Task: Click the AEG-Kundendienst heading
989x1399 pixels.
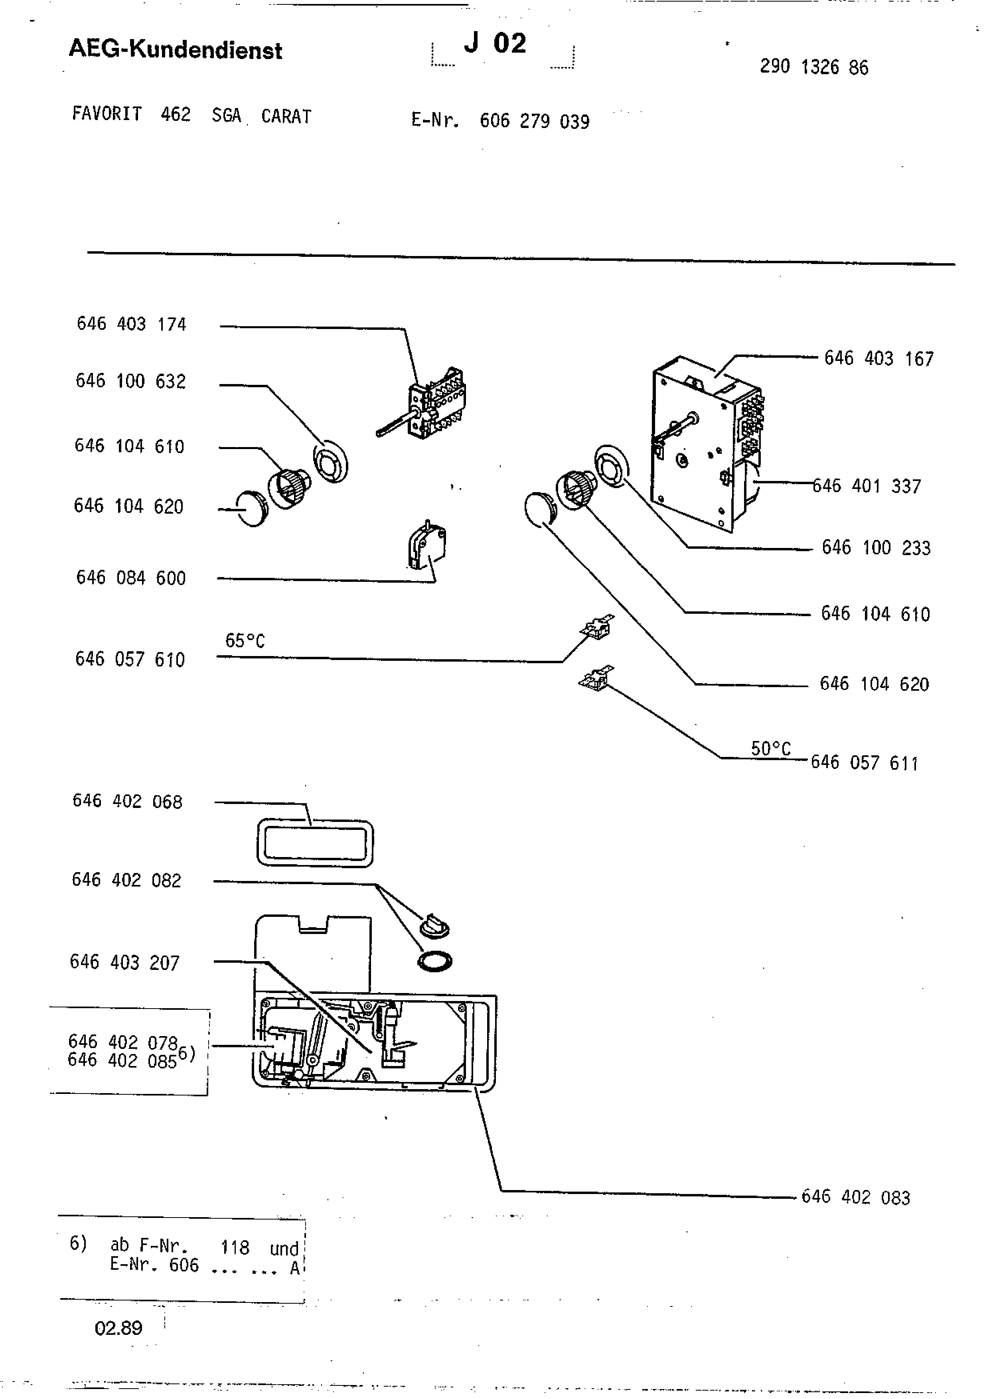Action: tap(176, 49)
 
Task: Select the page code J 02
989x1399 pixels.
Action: tap(495, 43)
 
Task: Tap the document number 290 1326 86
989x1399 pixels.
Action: tap(814, 67)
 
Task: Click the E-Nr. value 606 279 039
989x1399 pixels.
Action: tap(535, 121)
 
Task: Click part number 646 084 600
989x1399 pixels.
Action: tap(131, 577)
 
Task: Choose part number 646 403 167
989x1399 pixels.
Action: tap(879, 358)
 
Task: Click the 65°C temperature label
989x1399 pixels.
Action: tap(245, 640)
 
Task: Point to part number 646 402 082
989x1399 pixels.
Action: tap(127, 880)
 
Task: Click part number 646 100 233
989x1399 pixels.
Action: tap(876, 547)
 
